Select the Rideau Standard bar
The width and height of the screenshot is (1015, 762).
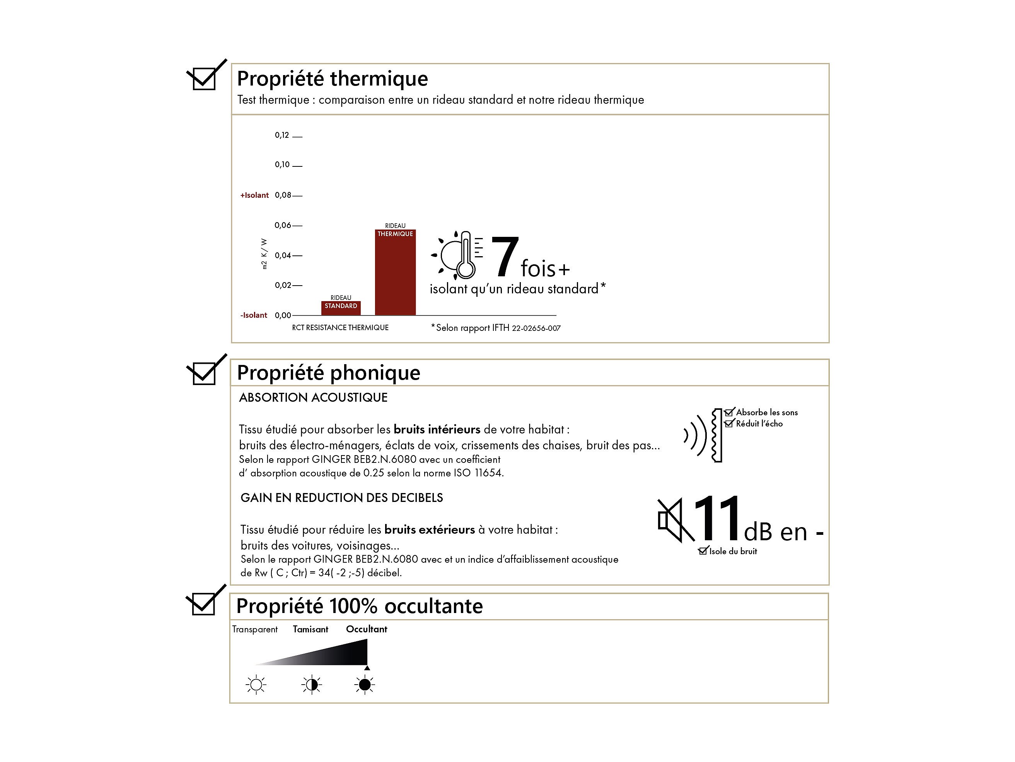point(341,308)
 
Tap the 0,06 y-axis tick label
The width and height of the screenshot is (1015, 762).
point(283,225)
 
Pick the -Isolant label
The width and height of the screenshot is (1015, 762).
point(254,315)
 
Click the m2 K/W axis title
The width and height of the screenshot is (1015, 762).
point(264,253)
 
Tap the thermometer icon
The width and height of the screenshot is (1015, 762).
point(466,255)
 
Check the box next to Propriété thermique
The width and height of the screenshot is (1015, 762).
point(204,79)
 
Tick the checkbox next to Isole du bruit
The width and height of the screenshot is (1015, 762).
point(703,551)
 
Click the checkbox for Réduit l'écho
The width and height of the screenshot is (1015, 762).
point(728,423)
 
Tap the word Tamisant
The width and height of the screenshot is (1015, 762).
point(310,629)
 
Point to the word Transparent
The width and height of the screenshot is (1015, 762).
point(255,629)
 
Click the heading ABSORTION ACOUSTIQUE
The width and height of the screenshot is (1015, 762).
point(314,397)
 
